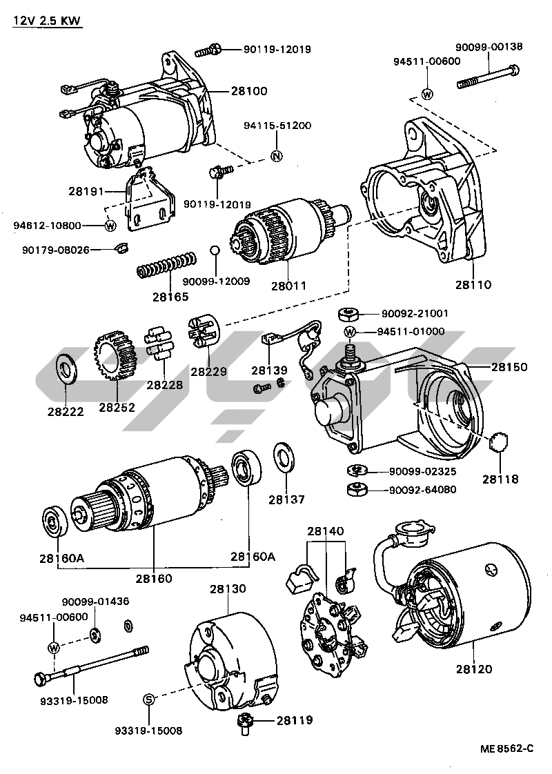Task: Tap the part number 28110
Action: point(473,284)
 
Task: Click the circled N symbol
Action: point(275,155)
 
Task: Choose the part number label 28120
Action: point(474,668)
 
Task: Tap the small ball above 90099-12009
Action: point(215,250)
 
